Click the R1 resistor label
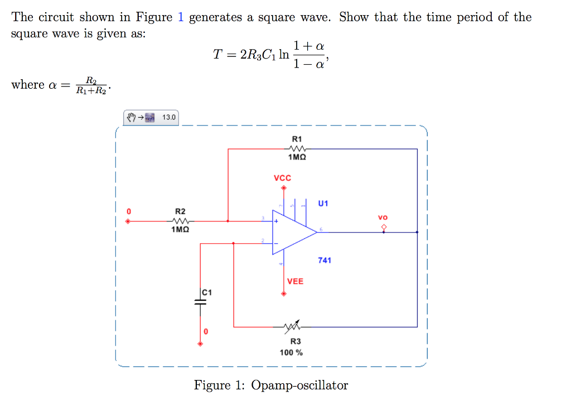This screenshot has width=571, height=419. [x=297, y=139]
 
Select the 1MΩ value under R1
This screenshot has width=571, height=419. [x=297, y=158]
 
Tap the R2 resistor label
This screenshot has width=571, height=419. [x=180, y=211]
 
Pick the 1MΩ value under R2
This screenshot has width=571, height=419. [x=180, y=229]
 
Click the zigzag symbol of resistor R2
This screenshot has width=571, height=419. [x=180, y=220]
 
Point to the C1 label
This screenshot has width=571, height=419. [x=207, y=292]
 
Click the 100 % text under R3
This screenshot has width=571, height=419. [x=291, y=353]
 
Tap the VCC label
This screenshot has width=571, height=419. [x=283, y=178]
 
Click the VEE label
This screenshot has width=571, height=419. [x=295, y=281]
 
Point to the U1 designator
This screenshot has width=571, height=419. [x=323, y=203]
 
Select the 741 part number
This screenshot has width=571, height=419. [x=324, y=260]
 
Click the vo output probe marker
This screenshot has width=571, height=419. [x=383, y=227]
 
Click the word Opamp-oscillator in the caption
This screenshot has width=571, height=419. [x=299, y=386]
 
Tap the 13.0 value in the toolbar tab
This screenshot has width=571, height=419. [x=168, y=117]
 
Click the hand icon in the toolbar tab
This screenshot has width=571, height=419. [x=131, y=117]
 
